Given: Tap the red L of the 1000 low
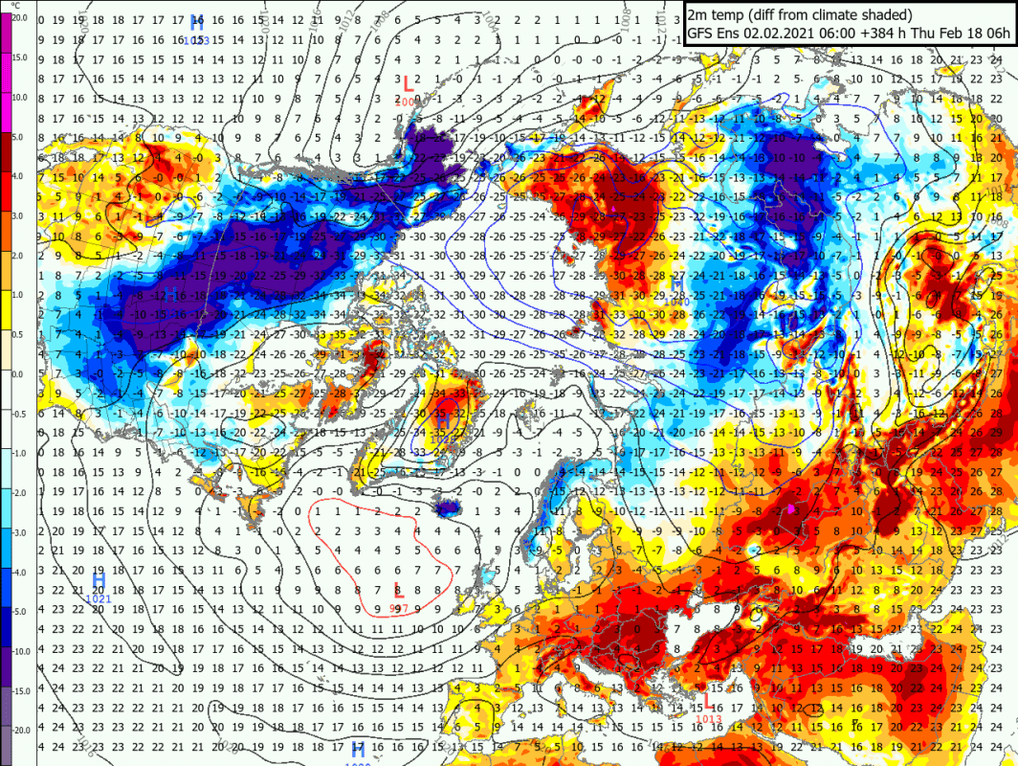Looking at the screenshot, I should (409, 84).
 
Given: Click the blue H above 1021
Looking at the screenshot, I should (99, 581).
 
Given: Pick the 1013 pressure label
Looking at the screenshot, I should (709, 719).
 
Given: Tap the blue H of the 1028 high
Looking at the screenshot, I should (358, 750).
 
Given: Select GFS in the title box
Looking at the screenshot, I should (701, 34).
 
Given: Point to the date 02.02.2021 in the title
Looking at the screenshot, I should (785, 34).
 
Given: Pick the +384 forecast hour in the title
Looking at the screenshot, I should (866, 34).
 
